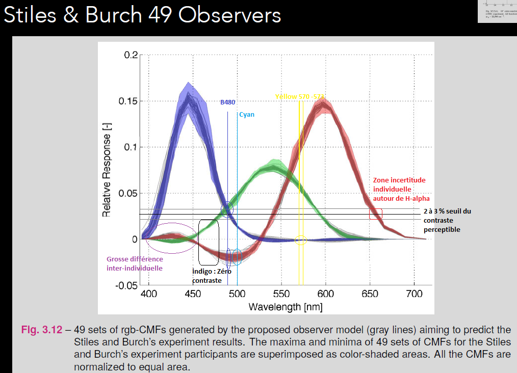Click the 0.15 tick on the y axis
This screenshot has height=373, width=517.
(x=130, y=101)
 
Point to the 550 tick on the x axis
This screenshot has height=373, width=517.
(x=281, y=294)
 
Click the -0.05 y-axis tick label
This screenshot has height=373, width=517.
(x=127, y=286)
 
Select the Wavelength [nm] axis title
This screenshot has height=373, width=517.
(x=285, y=307)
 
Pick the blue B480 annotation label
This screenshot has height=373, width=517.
(x=227, y=102)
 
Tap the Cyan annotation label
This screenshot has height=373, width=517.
(x=246, y=115)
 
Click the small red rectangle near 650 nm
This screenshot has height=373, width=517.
(x=376, y=214)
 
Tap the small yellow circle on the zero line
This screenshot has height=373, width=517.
(x=301, y=240)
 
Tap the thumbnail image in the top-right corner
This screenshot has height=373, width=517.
(x=497, y=11)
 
